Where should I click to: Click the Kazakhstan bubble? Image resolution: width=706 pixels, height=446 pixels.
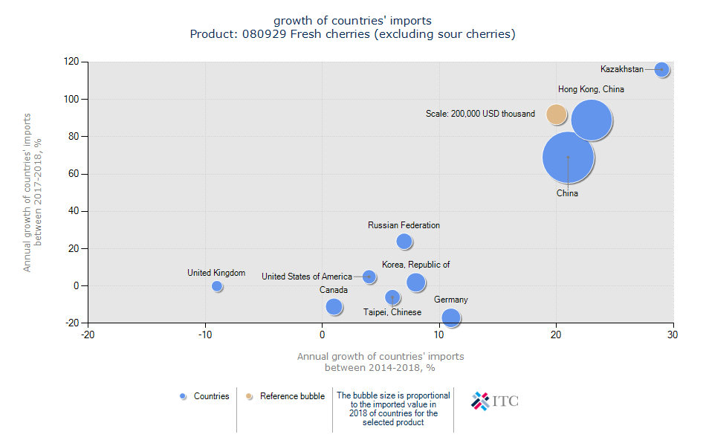(661, 70)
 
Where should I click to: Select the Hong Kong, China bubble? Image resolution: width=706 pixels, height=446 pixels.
(591, 120)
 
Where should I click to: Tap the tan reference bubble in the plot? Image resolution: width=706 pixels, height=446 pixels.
(556, 114)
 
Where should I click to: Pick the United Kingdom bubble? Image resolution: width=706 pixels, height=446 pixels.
(217, 286)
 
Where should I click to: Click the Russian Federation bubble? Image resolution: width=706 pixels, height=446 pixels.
(404, 242)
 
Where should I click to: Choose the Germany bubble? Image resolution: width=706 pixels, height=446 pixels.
(450, 317)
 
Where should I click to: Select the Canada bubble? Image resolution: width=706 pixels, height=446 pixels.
(334, 306)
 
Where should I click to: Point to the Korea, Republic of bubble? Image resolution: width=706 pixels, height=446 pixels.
(415, 282)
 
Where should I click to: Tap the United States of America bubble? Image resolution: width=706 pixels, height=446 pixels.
(369, 277)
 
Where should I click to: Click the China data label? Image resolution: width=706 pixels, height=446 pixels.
(567, 193)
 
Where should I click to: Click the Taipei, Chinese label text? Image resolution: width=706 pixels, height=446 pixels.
(392, 312)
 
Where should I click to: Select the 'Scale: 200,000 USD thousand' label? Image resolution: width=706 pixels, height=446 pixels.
(480, 114)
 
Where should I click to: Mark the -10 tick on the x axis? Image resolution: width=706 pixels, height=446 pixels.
(205, 334)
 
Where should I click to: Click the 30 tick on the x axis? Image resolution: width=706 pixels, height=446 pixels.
(673, 334)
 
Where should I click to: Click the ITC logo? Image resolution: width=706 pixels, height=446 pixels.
(495, 401)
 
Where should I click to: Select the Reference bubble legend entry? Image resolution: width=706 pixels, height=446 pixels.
(285, 396)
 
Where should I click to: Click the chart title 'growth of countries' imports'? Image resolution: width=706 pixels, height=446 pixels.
(352, 20)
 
